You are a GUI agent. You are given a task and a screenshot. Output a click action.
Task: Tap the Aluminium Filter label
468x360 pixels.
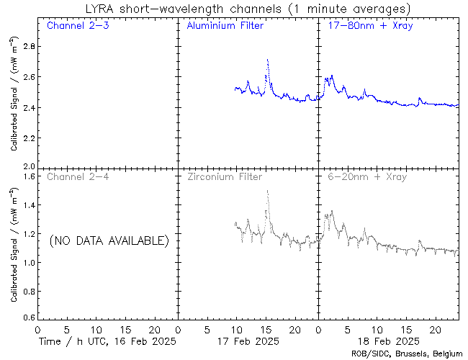(x=225, y=26)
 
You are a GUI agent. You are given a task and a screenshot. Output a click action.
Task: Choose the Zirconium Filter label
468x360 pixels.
(x=225, y=176)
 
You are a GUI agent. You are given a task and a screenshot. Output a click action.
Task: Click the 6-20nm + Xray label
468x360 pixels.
(x=366, y=176)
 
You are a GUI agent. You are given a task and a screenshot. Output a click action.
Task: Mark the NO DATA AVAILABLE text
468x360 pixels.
(x=109, y=240)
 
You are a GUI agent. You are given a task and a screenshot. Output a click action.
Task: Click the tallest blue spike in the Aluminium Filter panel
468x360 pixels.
(x=267, y=60)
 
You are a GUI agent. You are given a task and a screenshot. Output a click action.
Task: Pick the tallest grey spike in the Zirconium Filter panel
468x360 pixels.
(x=267, y=192)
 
